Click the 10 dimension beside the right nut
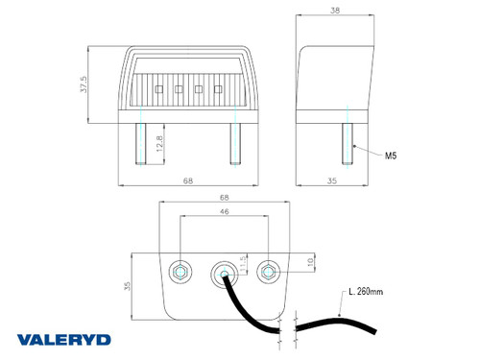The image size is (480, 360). (x=309, y=262)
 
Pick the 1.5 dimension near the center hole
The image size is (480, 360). (x=245, y=261)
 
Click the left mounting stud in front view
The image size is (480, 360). (x=142, y=139)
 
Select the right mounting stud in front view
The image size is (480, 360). (x=231, y=139)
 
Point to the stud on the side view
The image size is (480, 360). (x=347, y=139)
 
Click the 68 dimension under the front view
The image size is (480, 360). (x=188, y=178)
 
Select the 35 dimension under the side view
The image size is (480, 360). (x=331, y=178)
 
